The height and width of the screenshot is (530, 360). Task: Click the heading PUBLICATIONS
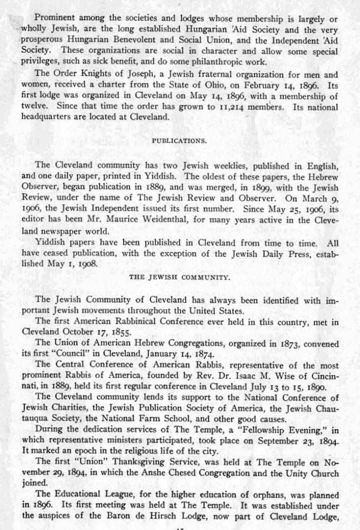(179, 141)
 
